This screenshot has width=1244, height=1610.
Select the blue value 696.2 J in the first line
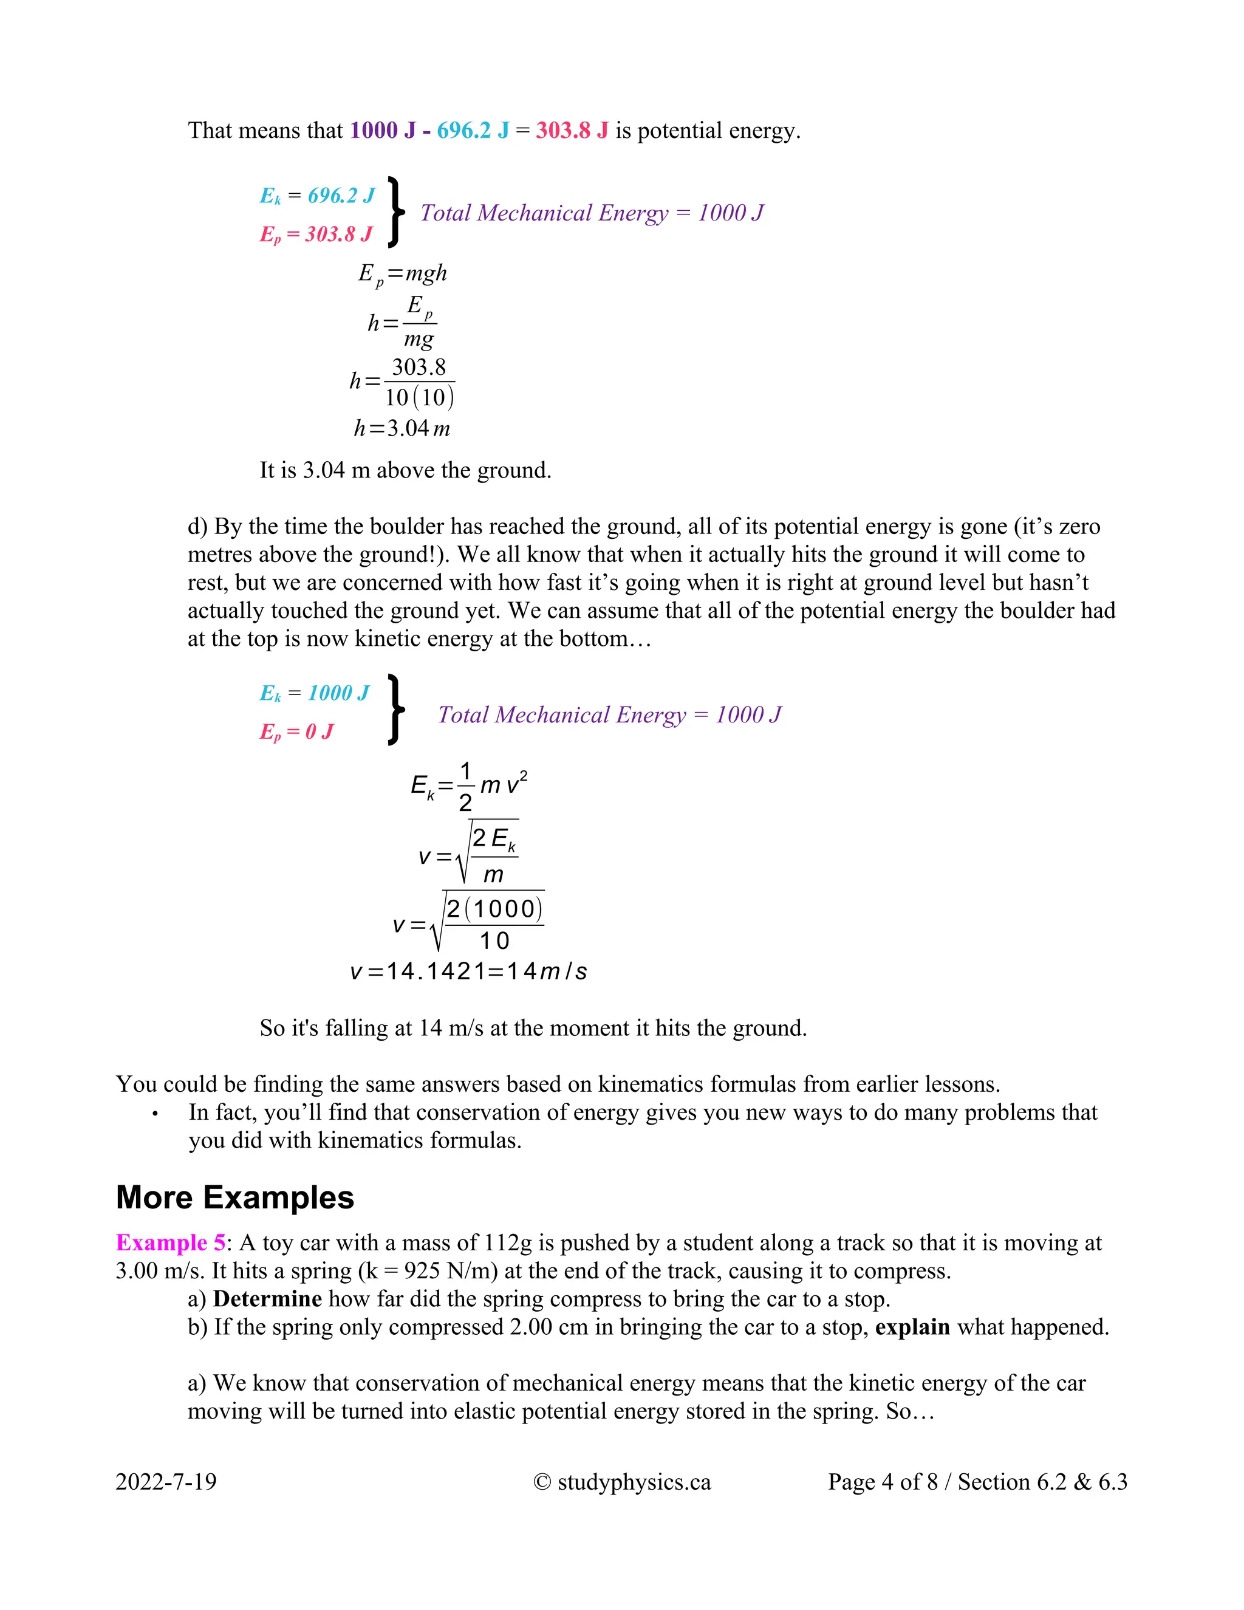473,131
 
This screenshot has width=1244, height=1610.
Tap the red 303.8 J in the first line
572,131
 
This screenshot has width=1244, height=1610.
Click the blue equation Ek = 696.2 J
317,196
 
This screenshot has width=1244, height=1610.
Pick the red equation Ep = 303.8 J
315,235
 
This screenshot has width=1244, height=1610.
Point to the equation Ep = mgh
402,273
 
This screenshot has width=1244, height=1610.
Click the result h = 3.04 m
402,428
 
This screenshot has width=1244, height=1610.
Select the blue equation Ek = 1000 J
314,693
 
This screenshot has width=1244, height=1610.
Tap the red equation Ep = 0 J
296,731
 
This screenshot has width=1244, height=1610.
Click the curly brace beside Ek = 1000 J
396,710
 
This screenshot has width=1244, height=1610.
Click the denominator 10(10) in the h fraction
419,398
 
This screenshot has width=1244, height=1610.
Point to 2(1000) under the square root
494,908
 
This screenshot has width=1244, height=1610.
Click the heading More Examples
235,1198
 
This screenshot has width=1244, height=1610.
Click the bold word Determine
267,1299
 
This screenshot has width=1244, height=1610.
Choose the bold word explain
912,1327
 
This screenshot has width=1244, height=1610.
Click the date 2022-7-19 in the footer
166,1482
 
